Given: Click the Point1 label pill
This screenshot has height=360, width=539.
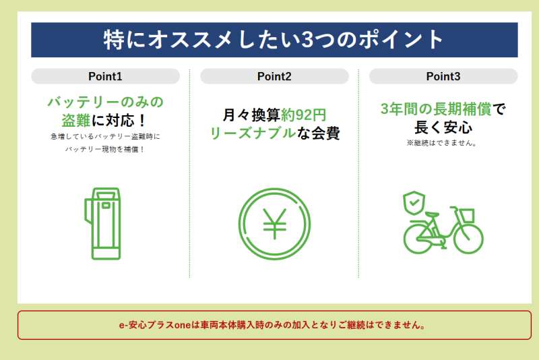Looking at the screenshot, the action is (x=105, y=76).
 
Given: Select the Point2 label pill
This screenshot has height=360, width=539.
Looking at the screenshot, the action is (x=274, y=76).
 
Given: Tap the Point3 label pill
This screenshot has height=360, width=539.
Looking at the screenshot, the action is (x=443, y=76).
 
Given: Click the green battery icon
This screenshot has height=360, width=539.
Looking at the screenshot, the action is (x=103, y=224).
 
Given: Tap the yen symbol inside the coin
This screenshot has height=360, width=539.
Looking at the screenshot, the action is (x=274, y=224).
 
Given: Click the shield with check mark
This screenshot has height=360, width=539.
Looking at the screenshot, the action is (x=414, y=203).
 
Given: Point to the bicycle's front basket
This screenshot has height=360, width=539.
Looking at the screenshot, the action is (x=466, y=216).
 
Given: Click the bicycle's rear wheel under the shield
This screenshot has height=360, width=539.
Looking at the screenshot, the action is (x=418, y=238).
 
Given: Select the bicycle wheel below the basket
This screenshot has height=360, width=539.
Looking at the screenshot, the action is (x=468, y=238).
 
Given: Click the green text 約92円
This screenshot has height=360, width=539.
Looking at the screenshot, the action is (x=304, y=115).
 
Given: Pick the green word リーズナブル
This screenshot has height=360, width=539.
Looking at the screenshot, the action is (x=253, y=133).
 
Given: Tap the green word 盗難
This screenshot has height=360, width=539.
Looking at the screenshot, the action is (x=76, y=121).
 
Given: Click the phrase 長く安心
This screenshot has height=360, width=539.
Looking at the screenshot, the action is (x=443, y=127).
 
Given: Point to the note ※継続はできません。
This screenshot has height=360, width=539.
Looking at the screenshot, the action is (x=442, y=143).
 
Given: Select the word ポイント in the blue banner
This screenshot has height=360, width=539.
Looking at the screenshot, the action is (x=401, y=40).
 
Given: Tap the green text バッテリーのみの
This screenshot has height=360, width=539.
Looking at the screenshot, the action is (x=106, y=102).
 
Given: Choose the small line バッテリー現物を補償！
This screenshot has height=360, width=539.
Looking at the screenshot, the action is (x=105, y=150).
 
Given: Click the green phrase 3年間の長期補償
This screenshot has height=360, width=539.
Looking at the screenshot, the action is (x=436, y=109).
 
